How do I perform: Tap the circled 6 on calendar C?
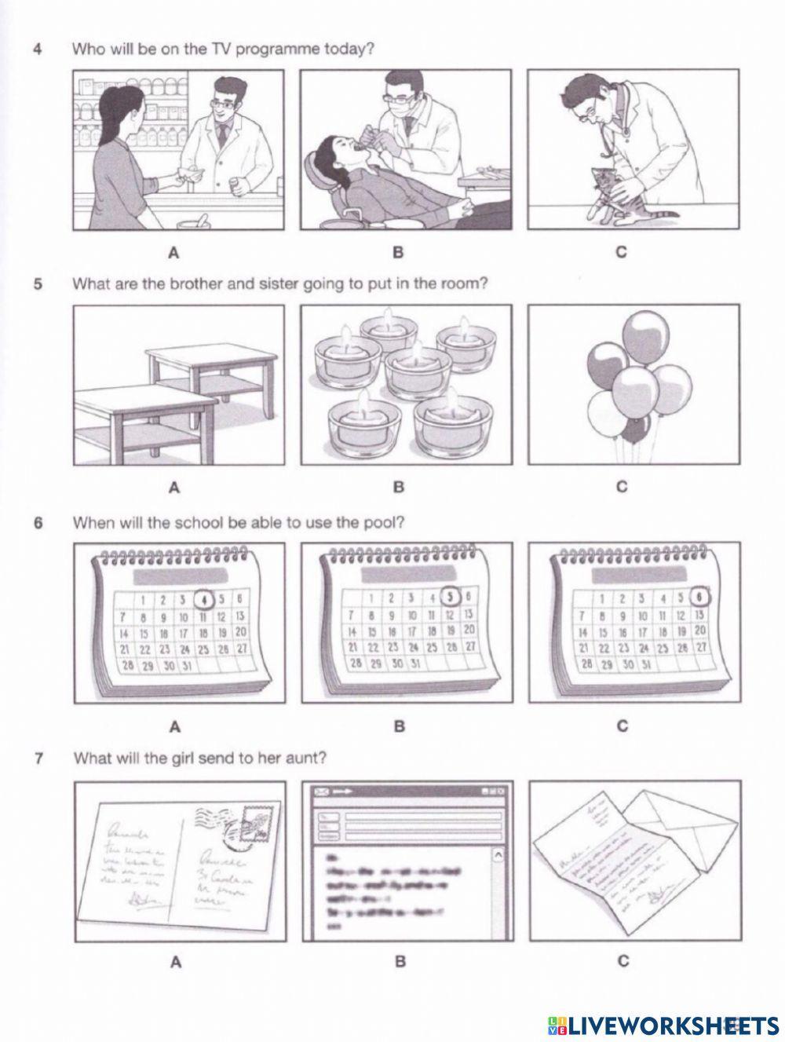click(700, 596)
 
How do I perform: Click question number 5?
click(38, 283)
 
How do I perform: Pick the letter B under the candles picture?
click(398, 487)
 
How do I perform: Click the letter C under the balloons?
click(622, 487)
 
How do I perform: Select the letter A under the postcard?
click(174, 961)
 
